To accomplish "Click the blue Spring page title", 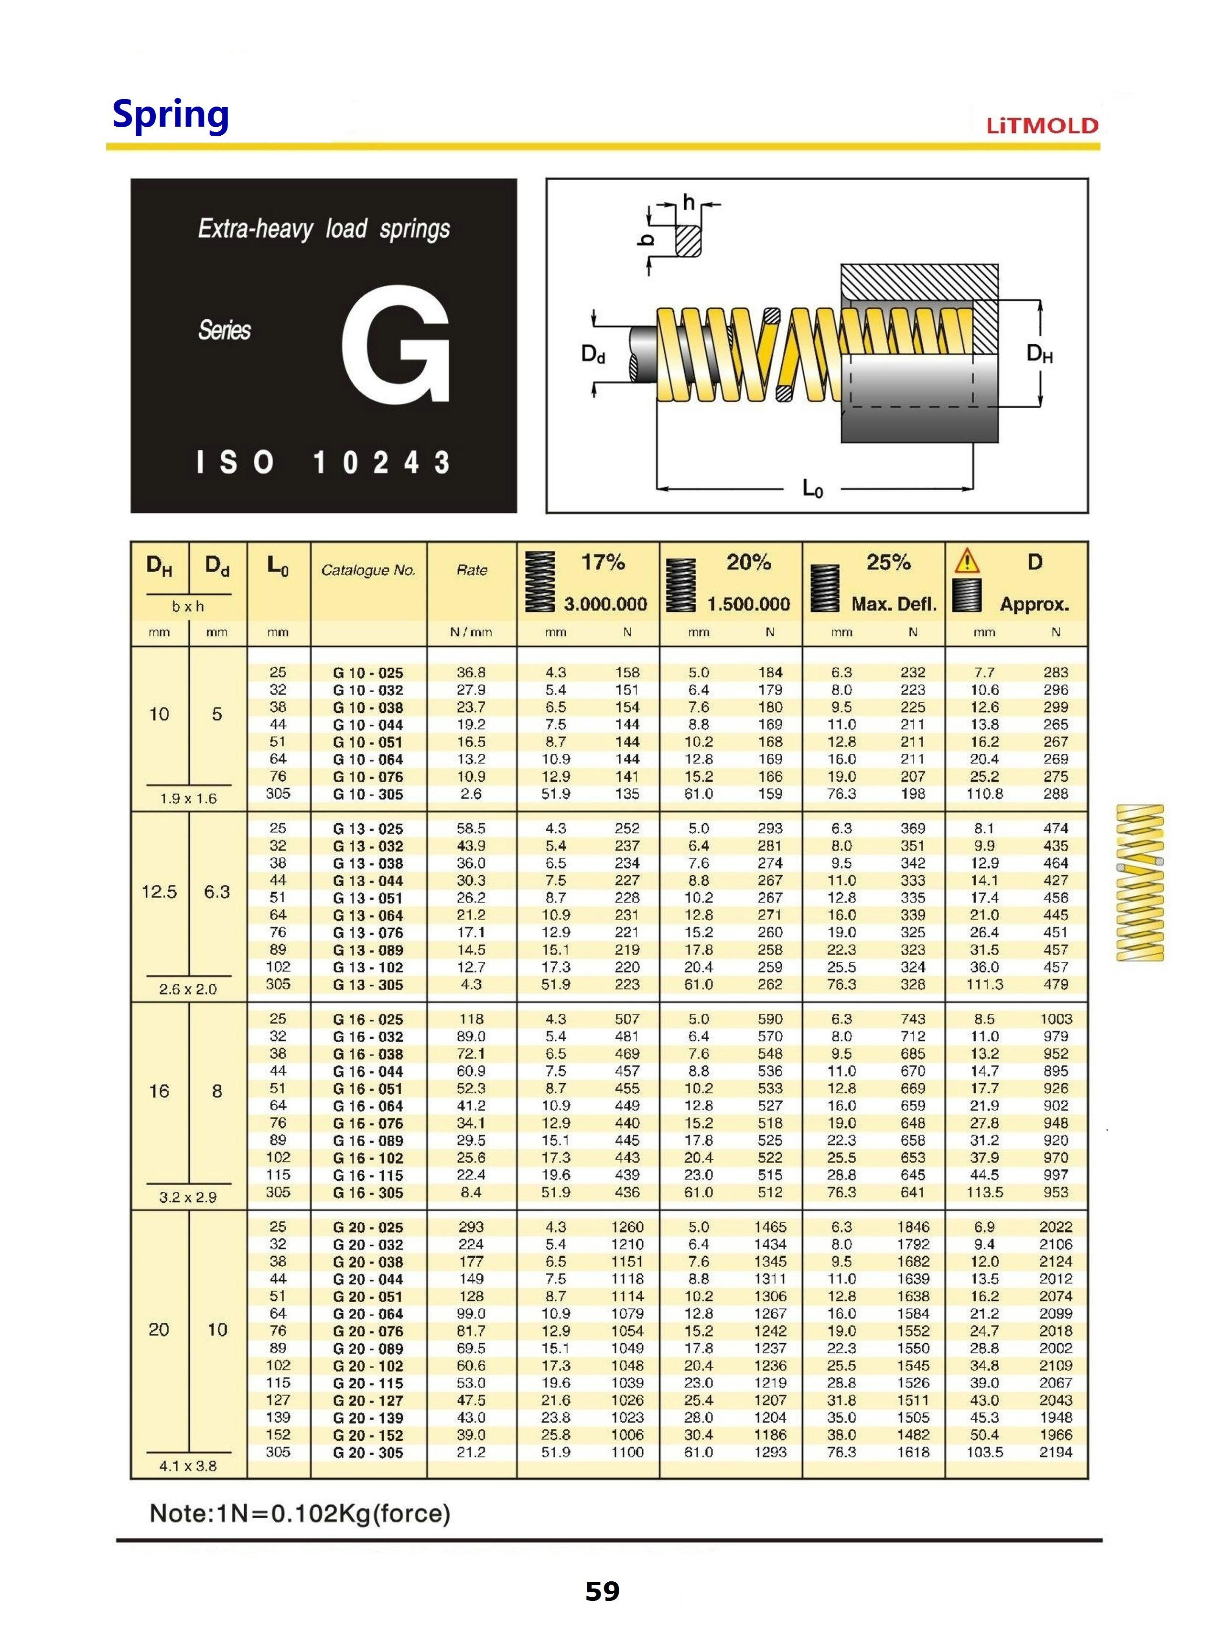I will coord(171,115).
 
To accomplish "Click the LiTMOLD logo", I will coord(1042,125).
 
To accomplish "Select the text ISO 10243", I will coord(323,463).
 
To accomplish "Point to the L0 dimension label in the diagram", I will coord(812,488).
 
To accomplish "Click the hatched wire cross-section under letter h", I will coord(688,240).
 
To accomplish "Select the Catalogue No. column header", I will coord(368,570).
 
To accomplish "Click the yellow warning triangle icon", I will coord(967,562).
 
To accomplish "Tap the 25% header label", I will coord(888,563).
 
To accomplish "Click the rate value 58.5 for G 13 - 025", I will coord(471,828).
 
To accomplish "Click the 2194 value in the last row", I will coord(1055,1452).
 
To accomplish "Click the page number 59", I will coord(602,1591).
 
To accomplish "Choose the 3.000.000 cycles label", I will coord(605,604).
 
